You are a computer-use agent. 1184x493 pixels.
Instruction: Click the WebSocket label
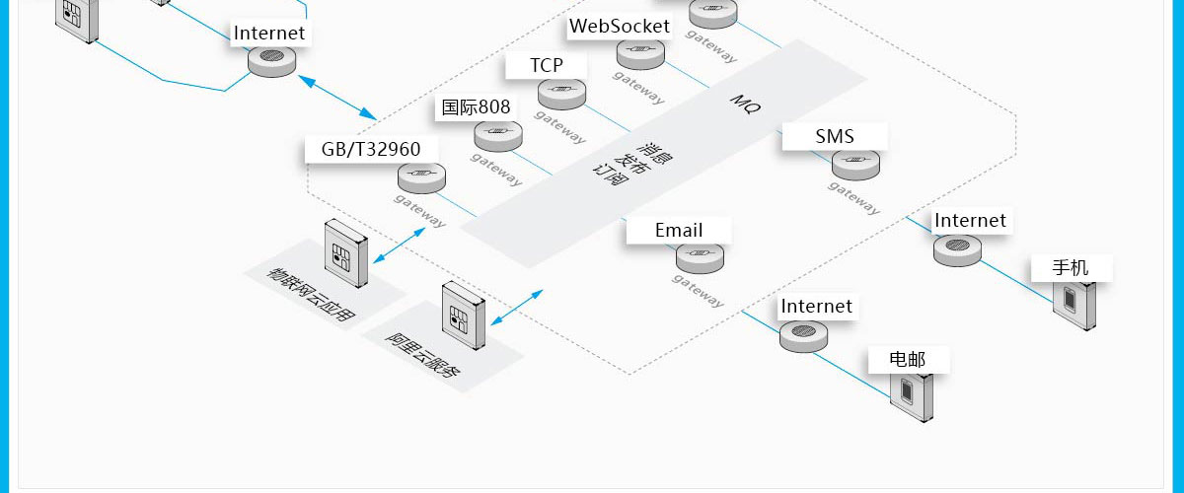[620, 27]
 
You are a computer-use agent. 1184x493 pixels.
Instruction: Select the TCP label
[546, 65]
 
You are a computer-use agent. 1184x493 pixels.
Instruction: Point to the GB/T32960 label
[371, 149]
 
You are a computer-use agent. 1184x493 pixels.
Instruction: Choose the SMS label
[835, 136]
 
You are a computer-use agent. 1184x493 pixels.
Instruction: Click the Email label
[679, 230]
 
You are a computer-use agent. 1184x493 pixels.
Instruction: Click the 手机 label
[1071, 267]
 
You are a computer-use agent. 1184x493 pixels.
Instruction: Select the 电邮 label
[908, 359]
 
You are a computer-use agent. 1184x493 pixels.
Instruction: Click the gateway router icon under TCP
[562, 94]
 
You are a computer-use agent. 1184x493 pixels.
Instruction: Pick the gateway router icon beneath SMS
[855, 165]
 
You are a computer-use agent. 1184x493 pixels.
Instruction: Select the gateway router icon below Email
[700, 257]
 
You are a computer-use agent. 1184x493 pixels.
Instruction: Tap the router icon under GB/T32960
[422, 178]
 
